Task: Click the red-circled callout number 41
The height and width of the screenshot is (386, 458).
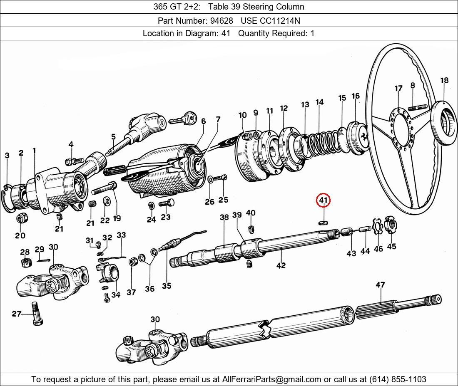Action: (324, 201)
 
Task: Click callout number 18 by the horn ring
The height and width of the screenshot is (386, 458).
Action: (444, 81)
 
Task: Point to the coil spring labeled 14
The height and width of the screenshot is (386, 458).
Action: (321, 141)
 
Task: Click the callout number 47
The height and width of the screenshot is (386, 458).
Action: (380, 285)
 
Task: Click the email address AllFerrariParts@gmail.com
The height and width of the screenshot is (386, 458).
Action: (272, 379)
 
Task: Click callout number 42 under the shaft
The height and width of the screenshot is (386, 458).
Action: (281, 265)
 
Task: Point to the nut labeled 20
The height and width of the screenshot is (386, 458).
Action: (21, 218)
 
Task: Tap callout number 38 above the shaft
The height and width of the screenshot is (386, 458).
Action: (224, 217)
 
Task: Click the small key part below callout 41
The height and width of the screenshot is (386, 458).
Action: (324, 222)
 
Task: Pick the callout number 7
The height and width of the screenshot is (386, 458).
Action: (218, 120)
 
